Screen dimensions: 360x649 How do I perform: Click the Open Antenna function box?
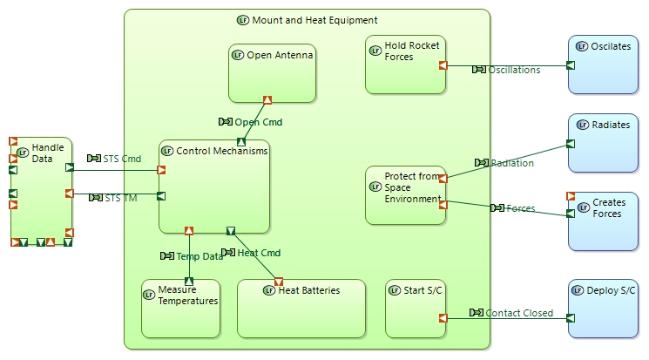[x=271, y=74]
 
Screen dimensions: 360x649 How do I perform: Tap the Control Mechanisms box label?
[x=221, y=152]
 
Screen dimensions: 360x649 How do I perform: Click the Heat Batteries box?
[x=301, y=309]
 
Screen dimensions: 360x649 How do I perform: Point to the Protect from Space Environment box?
[x=406, y=188]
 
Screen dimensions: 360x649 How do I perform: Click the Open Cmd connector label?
[x=258, y=122]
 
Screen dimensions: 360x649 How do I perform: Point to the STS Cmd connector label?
[x=122, y=159]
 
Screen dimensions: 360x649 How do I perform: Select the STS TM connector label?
[x=120, y=198]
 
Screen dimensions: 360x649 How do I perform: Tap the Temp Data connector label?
[x=199, y=256]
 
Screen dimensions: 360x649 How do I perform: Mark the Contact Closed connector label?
[x=518, y=313]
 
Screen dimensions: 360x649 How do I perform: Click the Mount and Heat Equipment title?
[x=314, y=20]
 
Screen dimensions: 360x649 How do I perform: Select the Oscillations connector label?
[x=514, y=70]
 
